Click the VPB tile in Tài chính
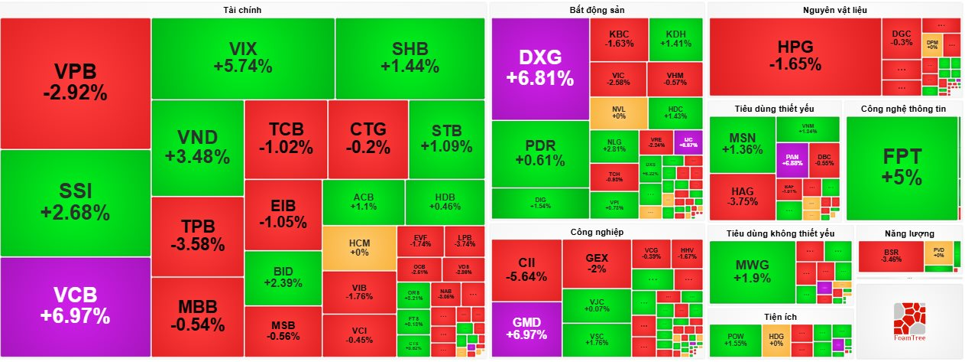(x=75, y=83)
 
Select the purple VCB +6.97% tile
(x=75, y=306)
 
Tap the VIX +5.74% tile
(x=243, y=58)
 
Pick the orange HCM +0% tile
(x=359, y=248)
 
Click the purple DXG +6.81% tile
(x=540, y=67)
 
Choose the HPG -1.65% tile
(x=795, y=56)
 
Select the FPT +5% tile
(x=902, y=166)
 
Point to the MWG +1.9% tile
(x=752, y=272)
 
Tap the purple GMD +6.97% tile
(x=526, y=329)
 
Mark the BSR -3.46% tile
(x=891, y=256)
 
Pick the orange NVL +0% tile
(x=618, y=113)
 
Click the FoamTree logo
(x=908, y=322)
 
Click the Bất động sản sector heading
(x=597, y=9)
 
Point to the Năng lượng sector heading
(x=909, y=233)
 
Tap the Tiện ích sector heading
(x=780, y=316)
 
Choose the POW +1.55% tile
(x=735, y=341)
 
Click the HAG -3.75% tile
(x=743, y=196)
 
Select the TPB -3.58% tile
(x=197, y=236)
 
